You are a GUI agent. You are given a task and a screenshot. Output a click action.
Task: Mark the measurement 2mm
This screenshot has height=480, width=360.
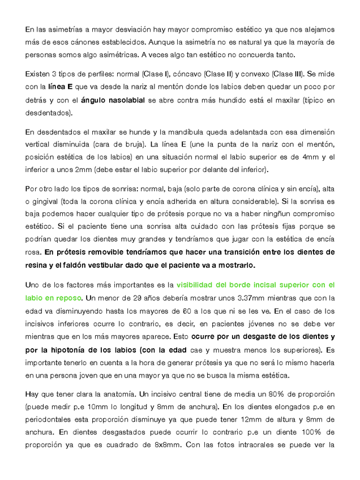coord(73,170)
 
